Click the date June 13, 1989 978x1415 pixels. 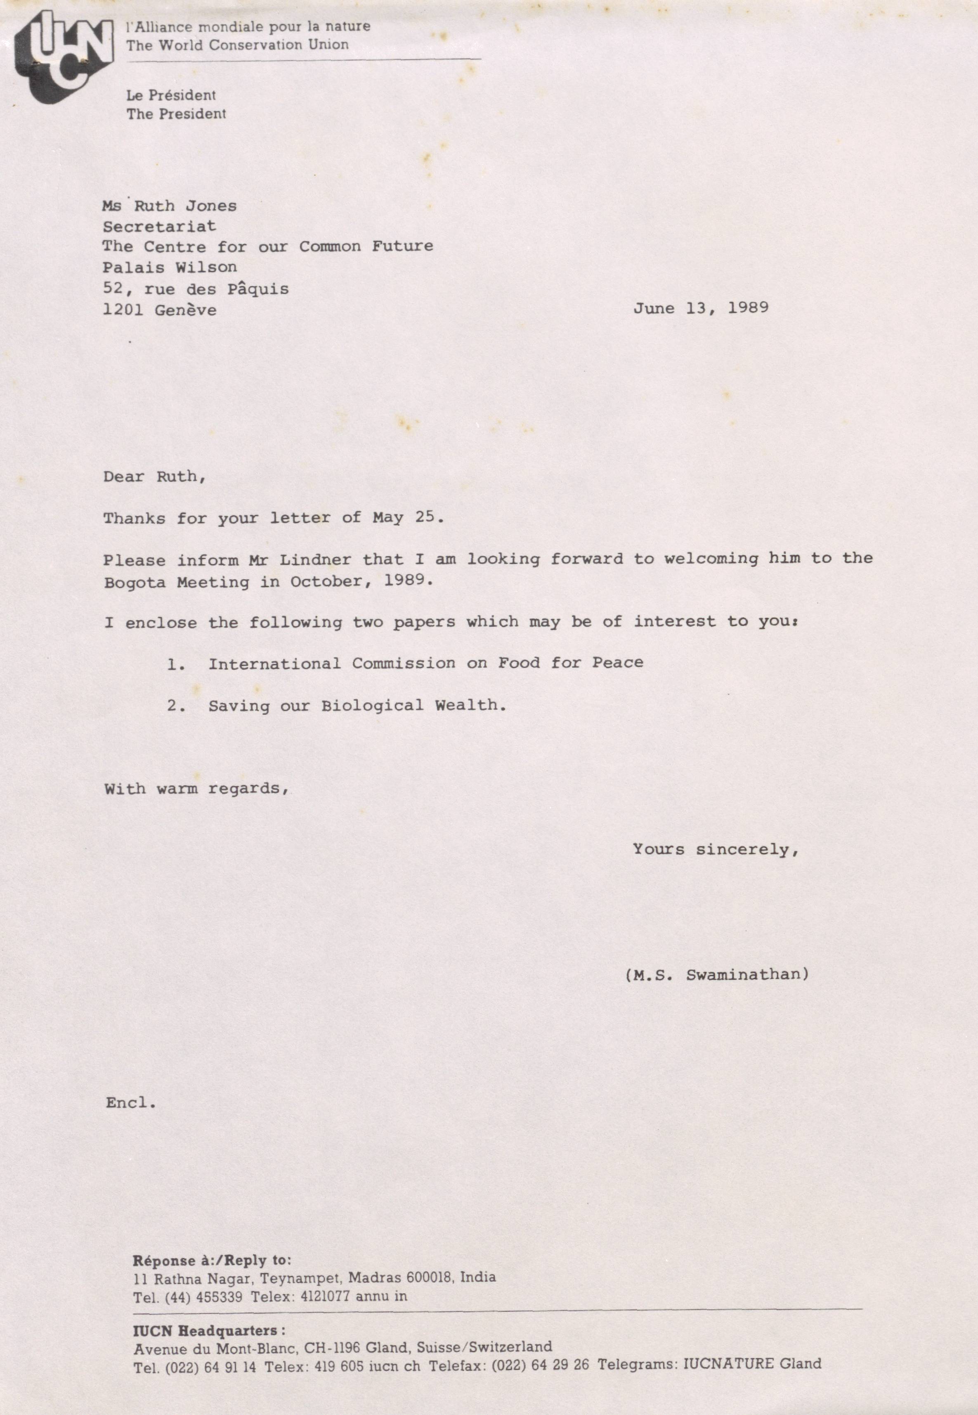tap(700, 308)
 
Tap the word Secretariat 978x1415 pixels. tap(159, 226)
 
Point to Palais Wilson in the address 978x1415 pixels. tap(169, 267)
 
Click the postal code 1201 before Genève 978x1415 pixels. tap(123, 310)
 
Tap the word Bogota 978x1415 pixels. tap(134, 583)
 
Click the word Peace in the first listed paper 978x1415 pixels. tap(617, 663)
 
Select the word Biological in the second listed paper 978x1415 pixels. tap(372, 706)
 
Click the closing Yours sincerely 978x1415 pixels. tap(715, 850)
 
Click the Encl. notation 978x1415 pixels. tap(130, 1103)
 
